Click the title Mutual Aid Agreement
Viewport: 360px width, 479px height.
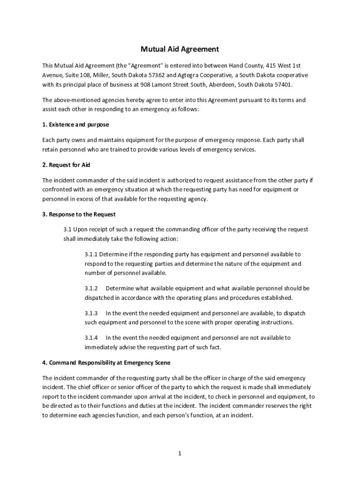click(180, 49)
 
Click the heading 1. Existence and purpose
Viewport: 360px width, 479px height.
click(75, 125)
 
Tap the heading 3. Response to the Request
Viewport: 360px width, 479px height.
click(79, 214)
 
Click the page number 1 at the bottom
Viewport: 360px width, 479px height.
click(180, 453)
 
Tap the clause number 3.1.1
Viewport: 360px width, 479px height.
click(91, 254)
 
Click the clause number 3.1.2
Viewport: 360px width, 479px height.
click(91, 289)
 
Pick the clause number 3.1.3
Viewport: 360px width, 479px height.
click(91, 313)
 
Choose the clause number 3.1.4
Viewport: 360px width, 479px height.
click(91, 338)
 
